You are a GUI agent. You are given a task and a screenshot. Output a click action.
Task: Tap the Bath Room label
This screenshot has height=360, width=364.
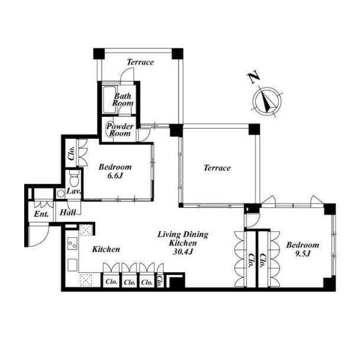click(123, 100)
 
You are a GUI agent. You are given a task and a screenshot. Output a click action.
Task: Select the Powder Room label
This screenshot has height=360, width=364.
click(120, 130)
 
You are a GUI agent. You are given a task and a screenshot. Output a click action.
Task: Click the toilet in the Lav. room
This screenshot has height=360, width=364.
click(74, 178)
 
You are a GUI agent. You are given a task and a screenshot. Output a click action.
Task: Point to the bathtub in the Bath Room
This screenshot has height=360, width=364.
click(109, 100)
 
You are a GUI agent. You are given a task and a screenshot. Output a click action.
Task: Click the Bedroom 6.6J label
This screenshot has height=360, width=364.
click(115, 171)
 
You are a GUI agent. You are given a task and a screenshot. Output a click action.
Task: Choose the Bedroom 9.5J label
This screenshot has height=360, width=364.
click(303, 249)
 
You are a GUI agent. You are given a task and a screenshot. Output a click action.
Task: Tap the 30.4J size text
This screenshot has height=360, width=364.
click(183, 251)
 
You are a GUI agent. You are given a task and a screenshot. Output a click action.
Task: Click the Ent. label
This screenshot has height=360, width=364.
click(41, 214)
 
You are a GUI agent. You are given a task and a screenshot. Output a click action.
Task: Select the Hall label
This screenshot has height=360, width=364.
click(67, 212)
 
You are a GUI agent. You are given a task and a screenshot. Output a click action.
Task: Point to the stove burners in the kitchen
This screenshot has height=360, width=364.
click(72, 244)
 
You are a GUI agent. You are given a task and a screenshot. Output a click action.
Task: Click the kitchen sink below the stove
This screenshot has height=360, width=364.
click(72, 265)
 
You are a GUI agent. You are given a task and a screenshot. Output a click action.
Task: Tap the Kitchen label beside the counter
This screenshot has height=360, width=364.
click(106, 250)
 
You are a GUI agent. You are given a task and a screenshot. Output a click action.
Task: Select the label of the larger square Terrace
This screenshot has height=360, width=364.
click(217, 168)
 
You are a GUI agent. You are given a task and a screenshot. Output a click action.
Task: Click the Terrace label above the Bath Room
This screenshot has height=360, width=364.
click(140, 62)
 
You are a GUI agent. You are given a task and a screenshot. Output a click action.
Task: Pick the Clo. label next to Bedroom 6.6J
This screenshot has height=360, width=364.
click(71, 153)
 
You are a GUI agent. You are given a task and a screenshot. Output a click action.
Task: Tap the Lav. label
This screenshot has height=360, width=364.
click(74, 191)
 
